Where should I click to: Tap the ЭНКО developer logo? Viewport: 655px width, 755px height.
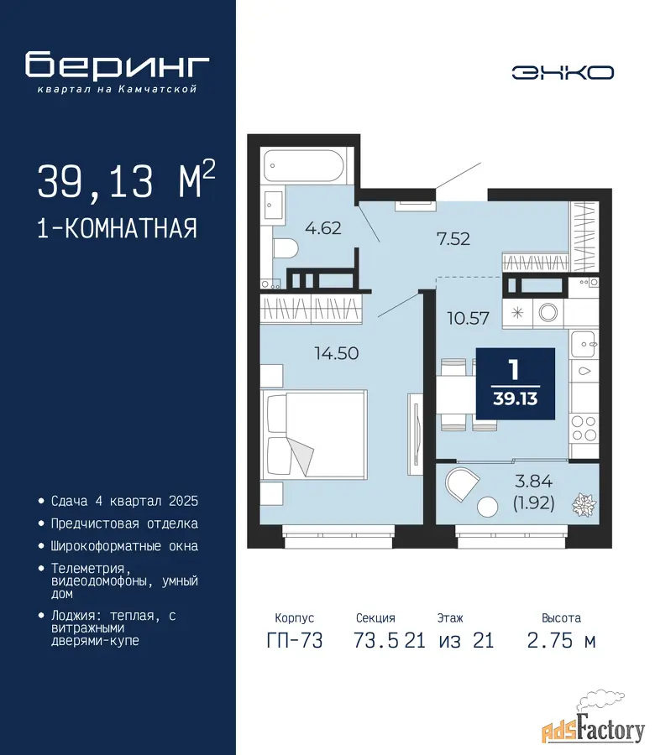tap(563, 73)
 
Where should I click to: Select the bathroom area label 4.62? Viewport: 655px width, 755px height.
tap(323, 227)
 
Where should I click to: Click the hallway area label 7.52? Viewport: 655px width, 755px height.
tap(453, 239)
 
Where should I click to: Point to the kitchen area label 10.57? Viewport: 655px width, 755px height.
tap(468, 318)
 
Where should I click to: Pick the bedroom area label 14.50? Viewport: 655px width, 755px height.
tap(337, 353)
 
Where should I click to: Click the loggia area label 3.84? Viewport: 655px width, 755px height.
tap(533, 481)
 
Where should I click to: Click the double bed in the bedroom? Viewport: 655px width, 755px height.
tap(314, 435)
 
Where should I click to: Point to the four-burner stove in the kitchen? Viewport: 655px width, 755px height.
tap(584, 429)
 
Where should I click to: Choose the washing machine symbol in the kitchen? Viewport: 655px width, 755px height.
tap(548, 313)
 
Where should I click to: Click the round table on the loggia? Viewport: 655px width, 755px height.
tap(487, 507)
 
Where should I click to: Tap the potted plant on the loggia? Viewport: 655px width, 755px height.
tap(584, 505)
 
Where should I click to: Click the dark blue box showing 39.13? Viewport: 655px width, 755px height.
tap(516, 383)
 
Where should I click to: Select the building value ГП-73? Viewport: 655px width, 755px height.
tap(295, 641)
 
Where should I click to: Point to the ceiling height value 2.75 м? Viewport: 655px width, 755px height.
tap(562, 641)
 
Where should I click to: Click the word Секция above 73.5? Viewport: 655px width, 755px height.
tap(375, 617)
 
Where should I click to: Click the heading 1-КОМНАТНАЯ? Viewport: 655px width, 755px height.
tap(117, 228)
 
